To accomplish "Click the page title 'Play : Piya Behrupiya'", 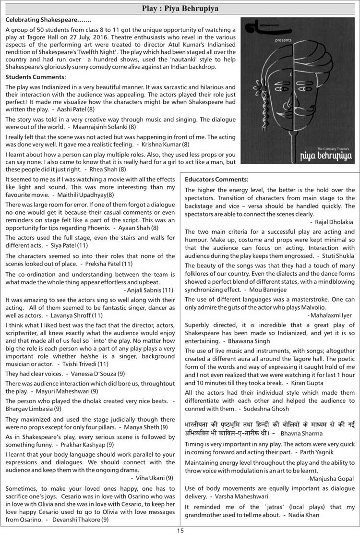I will click(x=180, y=9).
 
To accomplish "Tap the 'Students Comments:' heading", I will click(x=36, y=77).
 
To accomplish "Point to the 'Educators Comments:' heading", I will click(x=216, y=179).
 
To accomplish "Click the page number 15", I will click(x=180, y=530).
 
